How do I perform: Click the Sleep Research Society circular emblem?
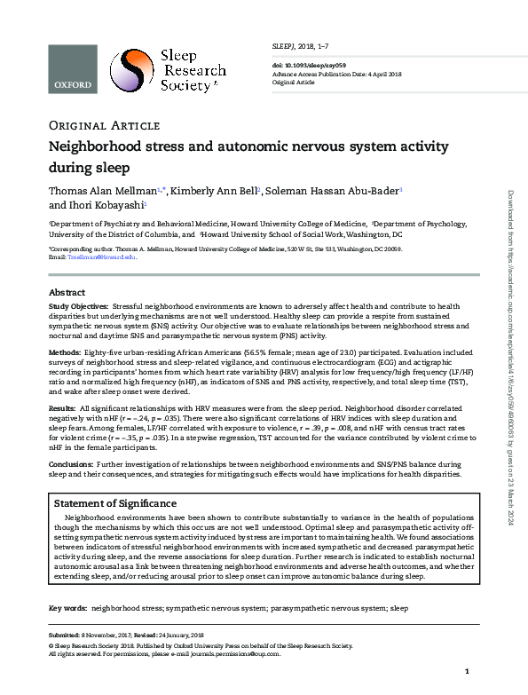(x=130, y=71)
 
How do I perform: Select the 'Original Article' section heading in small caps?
(x=104, y=124)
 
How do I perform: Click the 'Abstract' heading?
(x=67, y=292)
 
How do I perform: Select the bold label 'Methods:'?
(x=65, y=352)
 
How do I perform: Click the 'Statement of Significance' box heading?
(x=115, y=504)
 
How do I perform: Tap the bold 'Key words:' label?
(x=67, y=609)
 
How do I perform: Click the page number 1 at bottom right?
(x=466, y=672)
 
